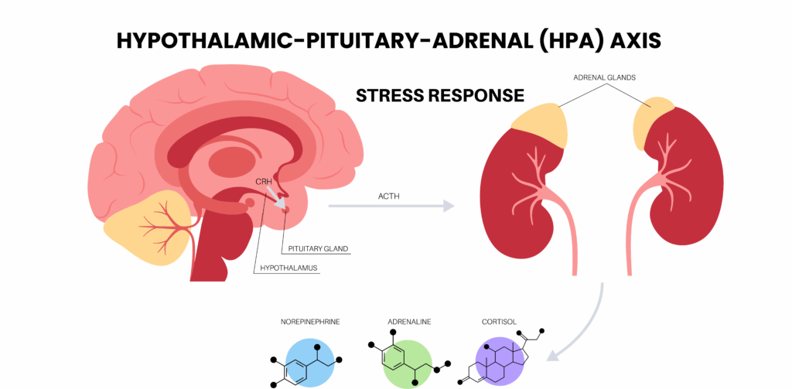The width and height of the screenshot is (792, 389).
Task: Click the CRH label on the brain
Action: (x=263, y=181)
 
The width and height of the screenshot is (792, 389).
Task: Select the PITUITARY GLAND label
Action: (x=318, y=249)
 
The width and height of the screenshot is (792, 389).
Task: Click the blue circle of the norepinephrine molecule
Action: (x=309, y=362)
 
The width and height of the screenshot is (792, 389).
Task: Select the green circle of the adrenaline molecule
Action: (x=407, y=362)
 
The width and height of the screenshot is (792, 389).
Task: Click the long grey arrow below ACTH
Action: (x=391, y=206)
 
